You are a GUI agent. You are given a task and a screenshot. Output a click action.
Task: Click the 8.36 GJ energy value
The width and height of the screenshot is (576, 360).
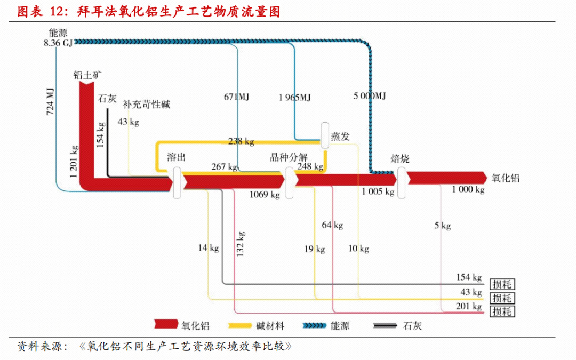point(58,43)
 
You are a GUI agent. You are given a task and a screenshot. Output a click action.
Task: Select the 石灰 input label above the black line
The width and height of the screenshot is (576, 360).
point(107,99)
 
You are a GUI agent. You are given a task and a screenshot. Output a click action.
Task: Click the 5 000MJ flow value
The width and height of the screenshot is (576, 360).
point(369,97)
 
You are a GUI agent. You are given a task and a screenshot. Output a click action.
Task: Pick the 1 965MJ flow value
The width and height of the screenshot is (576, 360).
point(294,97)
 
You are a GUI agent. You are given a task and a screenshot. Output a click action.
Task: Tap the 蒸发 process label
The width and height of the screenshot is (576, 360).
point(341,137)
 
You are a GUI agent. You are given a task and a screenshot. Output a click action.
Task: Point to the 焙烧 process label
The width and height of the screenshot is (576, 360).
point(400,158)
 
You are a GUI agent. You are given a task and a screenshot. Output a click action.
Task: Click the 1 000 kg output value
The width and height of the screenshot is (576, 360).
point(468,190)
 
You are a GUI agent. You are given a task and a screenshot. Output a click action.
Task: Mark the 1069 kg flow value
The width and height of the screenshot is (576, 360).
point(265,195)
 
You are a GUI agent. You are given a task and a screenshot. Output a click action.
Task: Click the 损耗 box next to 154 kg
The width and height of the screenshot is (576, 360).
point(502,284)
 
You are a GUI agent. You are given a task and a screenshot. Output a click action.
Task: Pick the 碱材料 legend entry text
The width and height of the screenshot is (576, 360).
point(270,326)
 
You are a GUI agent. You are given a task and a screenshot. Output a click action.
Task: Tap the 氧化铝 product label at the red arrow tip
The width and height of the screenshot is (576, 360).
point(506,178)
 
